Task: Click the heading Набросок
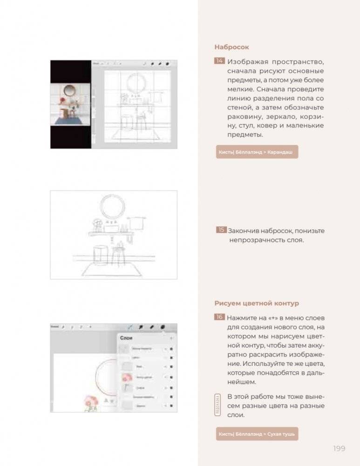click(231, 47)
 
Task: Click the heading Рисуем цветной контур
click(250, 304)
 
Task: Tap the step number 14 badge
click(219, 61)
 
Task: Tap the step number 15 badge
click(221, 230)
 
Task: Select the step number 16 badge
click(219, 317)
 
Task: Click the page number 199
click(339, 448)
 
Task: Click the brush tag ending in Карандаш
click(257, 152)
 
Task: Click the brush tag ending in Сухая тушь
click(257, 434)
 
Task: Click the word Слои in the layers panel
click(126, 338)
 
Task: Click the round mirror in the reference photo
click(68, 90)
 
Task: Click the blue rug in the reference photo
click(70, 120)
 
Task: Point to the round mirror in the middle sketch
click(112, 207)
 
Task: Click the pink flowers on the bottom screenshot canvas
click(91, 401)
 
